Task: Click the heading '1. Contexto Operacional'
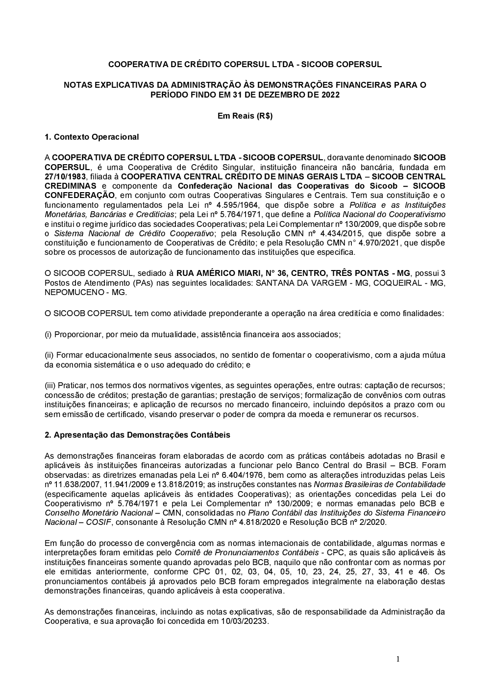(x=92, y=137)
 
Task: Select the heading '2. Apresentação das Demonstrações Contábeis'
(x=137, y=435)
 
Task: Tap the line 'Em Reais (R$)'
(x=245, y=116)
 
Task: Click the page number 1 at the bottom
(x=398, y=659)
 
